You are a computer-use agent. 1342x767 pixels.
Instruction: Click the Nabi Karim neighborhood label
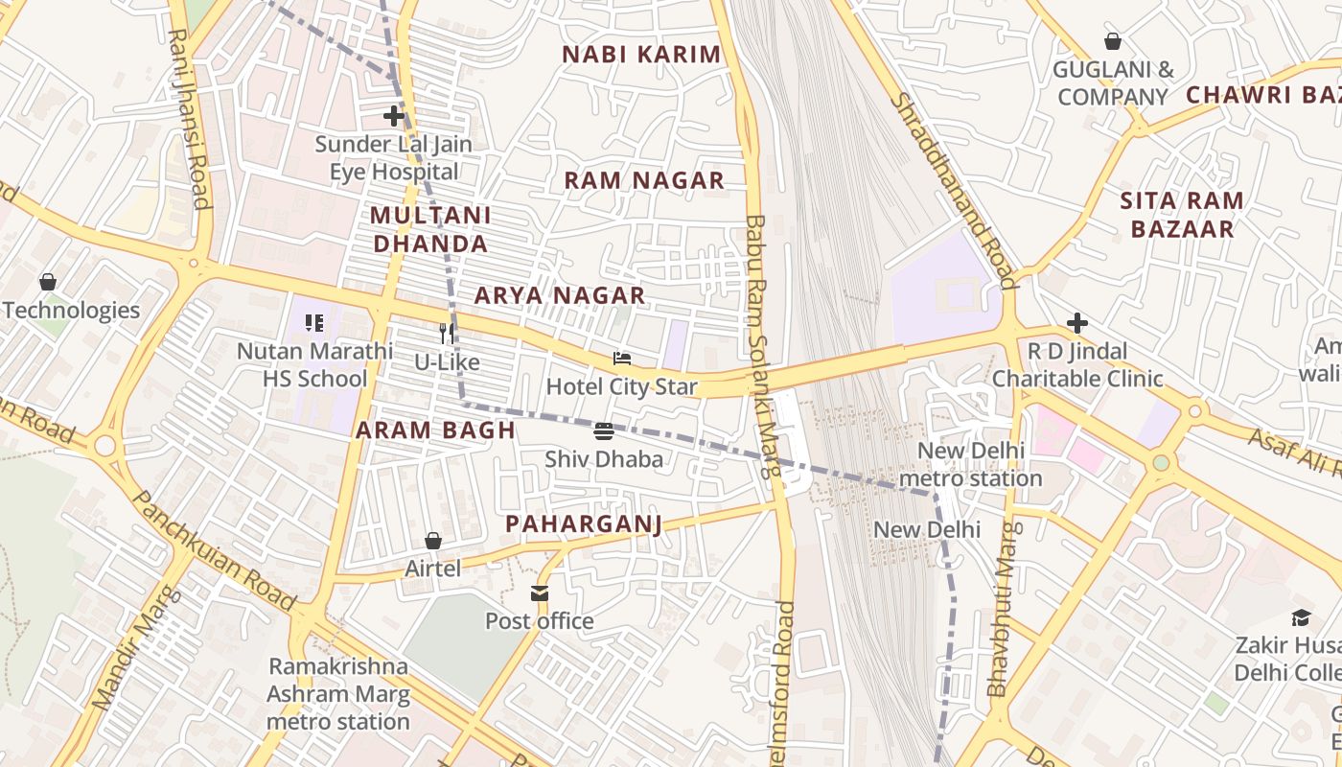641,55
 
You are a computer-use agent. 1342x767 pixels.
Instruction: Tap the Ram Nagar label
644,180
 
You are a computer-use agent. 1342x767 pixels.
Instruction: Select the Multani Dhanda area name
430,229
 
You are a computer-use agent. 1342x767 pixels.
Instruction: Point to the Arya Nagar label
560,295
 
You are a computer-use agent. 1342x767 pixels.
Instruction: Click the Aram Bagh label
436,430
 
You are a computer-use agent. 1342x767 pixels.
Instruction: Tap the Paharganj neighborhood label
584,523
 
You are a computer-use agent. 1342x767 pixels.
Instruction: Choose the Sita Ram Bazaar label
1182,215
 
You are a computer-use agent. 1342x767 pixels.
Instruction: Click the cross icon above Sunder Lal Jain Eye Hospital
394,117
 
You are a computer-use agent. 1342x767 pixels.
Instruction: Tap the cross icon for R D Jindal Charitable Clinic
1077,323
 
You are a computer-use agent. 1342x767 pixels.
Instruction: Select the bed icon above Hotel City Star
622,360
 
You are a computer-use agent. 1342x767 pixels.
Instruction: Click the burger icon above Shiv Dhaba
604,431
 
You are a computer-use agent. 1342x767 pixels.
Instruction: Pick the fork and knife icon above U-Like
447,334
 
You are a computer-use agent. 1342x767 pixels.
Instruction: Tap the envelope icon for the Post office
540,594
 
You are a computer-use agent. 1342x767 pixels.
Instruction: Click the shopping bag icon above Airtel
433,542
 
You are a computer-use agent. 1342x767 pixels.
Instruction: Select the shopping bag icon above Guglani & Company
1113,42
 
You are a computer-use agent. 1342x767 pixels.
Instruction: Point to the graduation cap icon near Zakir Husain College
1301,617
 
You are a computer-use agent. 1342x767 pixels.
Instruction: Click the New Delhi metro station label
971,464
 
